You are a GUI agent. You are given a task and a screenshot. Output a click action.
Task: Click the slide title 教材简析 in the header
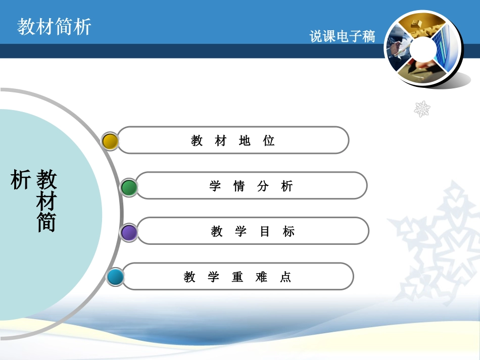[54, 27]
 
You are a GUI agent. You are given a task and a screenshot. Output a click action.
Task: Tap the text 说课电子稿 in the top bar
[342, 36]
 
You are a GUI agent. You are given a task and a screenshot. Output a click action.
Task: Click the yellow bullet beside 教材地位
[110, 141]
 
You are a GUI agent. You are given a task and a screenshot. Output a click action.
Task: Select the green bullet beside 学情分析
[129, 188]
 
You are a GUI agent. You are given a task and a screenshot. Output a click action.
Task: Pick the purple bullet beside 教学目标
[129, 232]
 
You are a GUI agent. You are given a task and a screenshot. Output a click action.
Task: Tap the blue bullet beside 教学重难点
[115, 277]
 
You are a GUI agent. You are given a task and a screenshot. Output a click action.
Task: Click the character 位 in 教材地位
[269, 141]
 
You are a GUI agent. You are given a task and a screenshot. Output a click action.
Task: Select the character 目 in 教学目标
[265, 232]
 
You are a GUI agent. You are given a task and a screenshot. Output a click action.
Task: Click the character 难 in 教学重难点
[261, 277]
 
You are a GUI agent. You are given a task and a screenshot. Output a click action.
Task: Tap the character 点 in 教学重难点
[285, 277]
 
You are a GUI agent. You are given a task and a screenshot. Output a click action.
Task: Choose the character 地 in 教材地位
[245, 141]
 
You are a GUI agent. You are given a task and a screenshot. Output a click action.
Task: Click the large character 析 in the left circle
[21, 180]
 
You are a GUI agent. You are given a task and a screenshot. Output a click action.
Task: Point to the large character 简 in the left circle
[46, 222]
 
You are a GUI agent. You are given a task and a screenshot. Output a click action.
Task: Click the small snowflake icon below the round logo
[422, 109]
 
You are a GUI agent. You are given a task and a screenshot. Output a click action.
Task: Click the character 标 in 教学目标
[289, 232]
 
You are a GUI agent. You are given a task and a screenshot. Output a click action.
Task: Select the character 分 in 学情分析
[263, 186]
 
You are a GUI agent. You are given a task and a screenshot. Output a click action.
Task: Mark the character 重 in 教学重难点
[237, 277]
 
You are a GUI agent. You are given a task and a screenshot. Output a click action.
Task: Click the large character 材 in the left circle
[46, 201]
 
